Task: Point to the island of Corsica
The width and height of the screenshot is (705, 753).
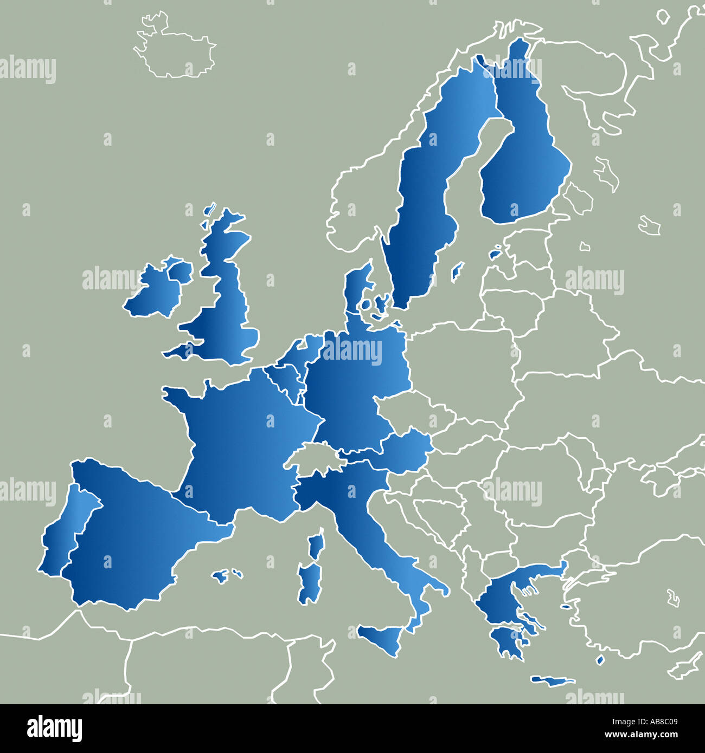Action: tap(316, 544)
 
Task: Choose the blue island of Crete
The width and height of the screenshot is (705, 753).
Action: tap(552, 680)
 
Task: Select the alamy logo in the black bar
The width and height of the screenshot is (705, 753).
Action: tap(54, 729)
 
